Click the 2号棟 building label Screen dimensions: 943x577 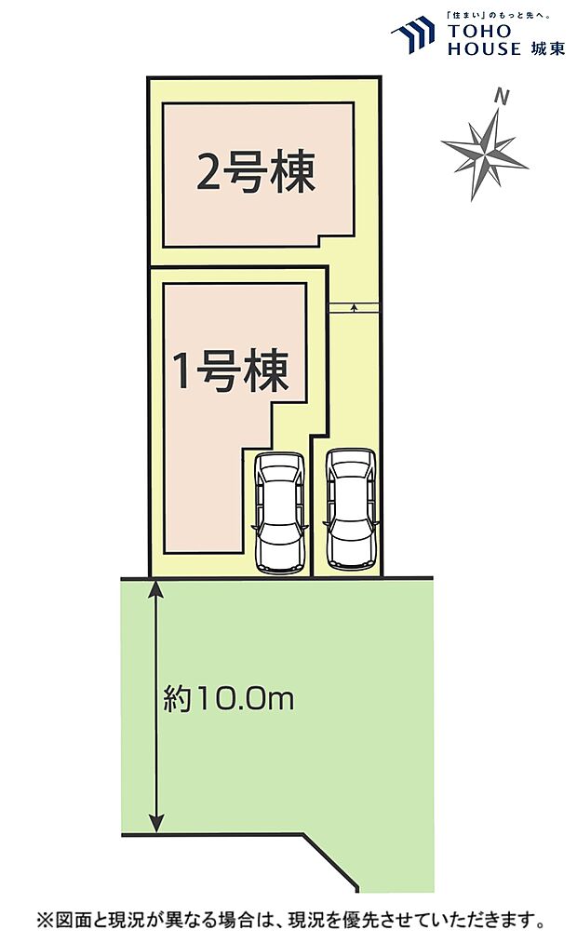[x=256, y=172]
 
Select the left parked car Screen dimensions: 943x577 [x=278, y=511]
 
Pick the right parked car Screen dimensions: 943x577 [x=351, y=509]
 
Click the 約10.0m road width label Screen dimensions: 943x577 [x=228, y=698]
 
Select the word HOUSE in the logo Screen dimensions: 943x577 [x=482, y=49]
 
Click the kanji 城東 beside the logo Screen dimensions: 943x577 [x=546, y=48]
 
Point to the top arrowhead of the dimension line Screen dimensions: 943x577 [x=156, y=586]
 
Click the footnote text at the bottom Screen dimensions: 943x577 [x=288, y=921]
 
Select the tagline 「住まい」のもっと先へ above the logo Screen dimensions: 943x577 [x=499, y=15]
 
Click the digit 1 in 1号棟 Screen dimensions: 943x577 [x=183, y=372]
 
